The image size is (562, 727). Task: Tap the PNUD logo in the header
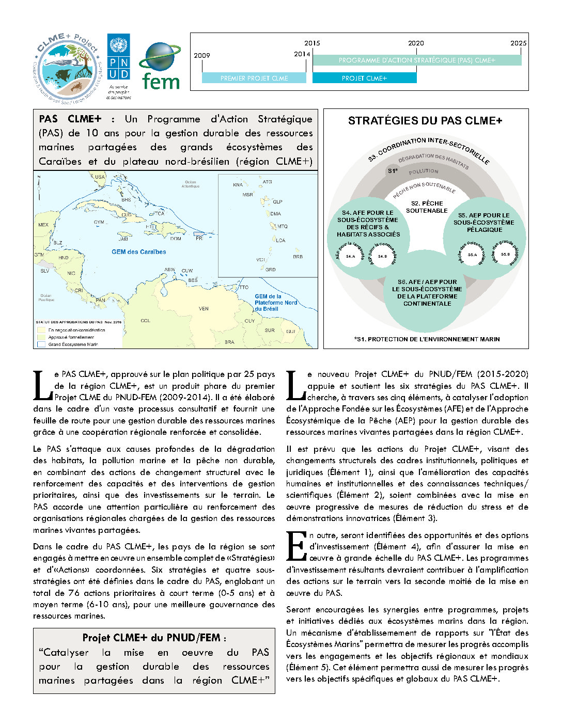(x=118, y=57)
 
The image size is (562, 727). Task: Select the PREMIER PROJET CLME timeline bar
(x=254, y=78)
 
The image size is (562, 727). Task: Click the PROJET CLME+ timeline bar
(x=364, y=78)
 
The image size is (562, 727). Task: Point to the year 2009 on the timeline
(x=202, y=55)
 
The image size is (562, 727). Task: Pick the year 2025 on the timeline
(x=518, y=43)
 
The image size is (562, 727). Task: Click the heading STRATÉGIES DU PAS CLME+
(x=425, y=121)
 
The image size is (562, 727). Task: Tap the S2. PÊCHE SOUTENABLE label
(x=427, y=207)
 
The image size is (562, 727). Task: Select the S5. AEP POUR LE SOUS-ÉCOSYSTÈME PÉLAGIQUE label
(x=484, y=223)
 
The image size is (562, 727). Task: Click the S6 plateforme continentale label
(x=427, y=293)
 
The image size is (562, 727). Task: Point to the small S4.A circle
(x=351, y=256)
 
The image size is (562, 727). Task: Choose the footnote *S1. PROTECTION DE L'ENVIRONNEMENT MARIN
(x=427, y=339)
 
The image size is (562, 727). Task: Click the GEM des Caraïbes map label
(x=138, y=252)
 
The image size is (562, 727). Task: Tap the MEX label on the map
(x=43, y=225)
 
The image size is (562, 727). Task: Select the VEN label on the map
(x=204, y=309)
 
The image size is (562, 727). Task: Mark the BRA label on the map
(x=229, y=342)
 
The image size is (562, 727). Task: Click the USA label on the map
(x=100, y=177)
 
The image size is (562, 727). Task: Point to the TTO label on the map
(x=244, y=287)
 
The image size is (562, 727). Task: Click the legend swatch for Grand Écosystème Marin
(x=41, y=344)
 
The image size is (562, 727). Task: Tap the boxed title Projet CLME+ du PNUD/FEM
(x=154, y=638)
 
